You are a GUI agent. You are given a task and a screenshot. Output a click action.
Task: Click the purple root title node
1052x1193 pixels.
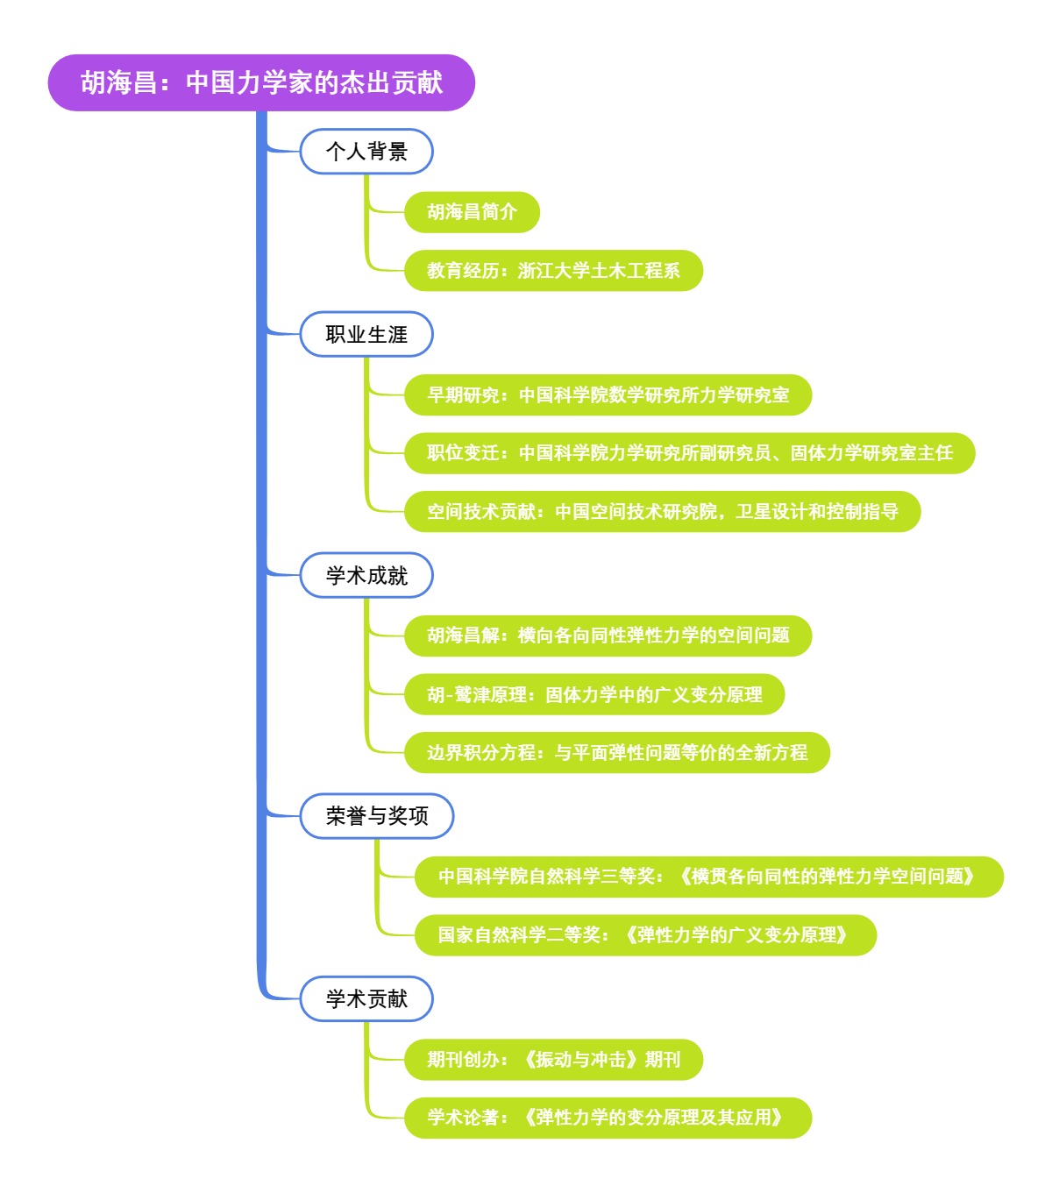(261, 82)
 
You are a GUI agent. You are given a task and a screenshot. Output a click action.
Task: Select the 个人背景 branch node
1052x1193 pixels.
(366, 152)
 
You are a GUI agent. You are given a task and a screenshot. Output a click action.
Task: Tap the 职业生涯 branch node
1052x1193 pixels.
(366, 334)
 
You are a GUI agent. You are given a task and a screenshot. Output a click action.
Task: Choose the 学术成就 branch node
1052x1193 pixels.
(366, 575)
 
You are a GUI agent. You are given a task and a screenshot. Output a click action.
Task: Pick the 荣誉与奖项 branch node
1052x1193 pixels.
(377, 816)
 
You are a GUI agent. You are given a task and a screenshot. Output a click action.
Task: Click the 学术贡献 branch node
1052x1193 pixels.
(366, 998)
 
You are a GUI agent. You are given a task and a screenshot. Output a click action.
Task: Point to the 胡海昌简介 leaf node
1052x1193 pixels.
(472, 212)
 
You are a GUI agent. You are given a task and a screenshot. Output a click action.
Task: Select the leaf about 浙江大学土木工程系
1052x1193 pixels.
(553, 271)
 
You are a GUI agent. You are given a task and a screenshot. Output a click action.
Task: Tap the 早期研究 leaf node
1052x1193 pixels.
(608, 395)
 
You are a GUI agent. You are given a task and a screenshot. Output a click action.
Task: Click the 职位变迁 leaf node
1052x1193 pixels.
(689, 453)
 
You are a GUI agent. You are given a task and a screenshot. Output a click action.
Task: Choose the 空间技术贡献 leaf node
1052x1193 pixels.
(662, 512)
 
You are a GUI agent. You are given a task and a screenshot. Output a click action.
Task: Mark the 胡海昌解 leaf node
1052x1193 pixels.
(608, 636)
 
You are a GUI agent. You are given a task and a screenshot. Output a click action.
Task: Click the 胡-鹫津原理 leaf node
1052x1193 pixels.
(594, 695)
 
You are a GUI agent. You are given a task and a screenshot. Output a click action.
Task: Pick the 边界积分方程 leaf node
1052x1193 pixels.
(616, 753)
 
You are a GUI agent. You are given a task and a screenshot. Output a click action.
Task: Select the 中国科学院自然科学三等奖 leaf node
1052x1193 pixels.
(708, 877)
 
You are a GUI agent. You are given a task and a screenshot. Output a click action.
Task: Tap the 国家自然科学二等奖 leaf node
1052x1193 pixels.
(645, 935)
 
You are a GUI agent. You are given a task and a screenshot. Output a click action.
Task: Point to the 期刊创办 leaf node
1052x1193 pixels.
(553, 1060)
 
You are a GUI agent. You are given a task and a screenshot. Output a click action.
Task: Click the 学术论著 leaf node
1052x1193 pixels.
(608, 1118)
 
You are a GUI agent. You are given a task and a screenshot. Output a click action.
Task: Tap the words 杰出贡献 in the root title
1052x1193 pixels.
(391, 82)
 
